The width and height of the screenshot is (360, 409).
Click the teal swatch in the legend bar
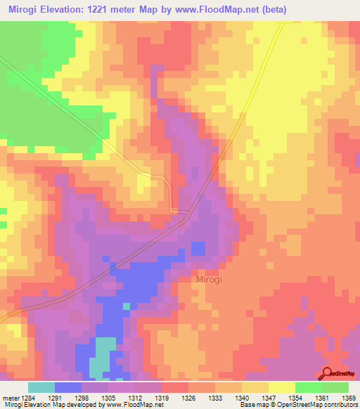click(41, 387)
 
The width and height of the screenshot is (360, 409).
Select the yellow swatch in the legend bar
click(282, 387)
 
